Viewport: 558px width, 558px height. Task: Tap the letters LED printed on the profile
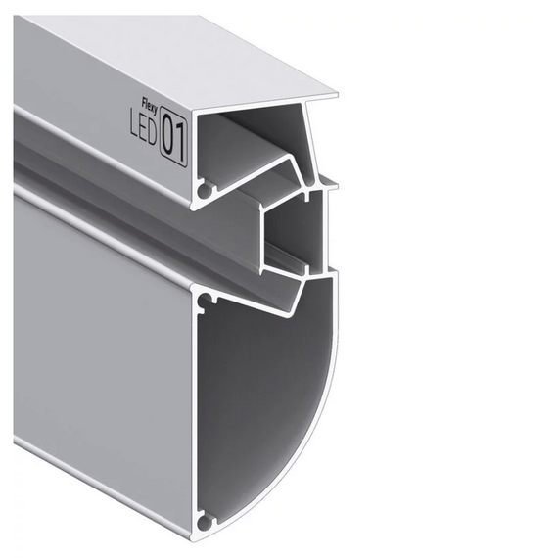143,129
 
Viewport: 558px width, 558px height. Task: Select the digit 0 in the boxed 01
168,135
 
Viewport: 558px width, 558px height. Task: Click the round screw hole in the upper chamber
206,192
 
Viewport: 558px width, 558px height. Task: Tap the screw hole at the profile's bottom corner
205,523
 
